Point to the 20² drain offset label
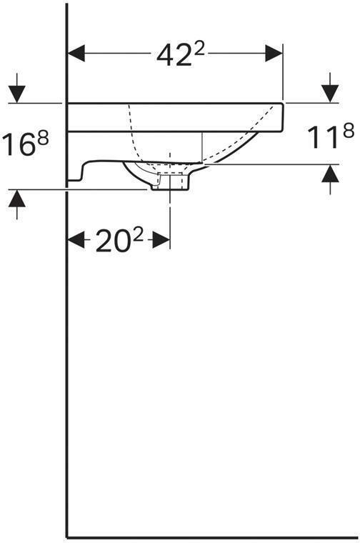(x=119, y=242)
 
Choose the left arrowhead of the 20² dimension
(x=76, y=241)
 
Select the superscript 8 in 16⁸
(x=42, y=138)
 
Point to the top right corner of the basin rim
(x=284, y=104)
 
